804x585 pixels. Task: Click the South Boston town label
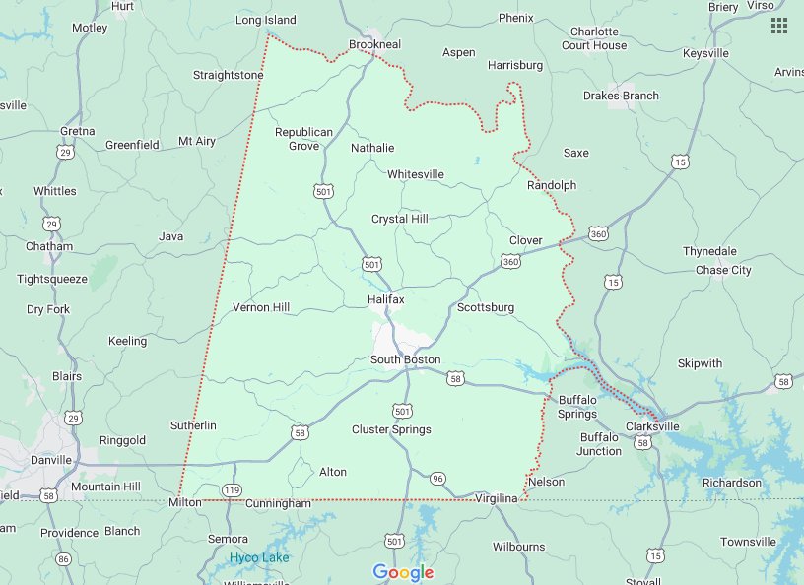[x=405, y=359]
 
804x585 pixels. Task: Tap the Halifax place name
[x=385, y=298]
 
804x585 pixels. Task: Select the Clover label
[x=525, y=240]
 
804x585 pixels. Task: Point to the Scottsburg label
[x=486, y=307]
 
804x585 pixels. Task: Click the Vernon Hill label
[x=260, y=307]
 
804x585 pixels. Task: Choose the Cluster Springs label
[x=391, y=429]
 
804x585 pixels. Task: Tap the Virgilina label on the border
[x=496, y=498]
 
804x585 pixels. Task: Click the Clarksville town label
[x=652, y=426]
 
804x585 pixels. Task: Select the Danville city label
[x=50, y=460]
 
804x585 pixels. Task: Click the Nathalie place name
[x=372, y=148]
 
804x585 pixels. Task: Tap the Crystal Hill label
[x=399, y=219]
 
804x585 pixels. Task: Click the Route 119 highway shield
[x=233, y=489]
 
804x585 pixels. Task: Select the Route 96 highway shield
[x=437, y=479]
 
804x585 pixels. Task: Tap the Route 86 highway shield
[x=64, y=559]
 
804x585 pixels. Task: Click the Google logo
[x=403, y=572]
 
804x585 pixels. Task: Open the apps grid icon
[x=778, y=26]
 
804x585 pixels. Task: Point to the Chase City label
[x=723, y=270]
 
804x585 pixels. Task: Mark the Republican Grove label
[x=303, y=139]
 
